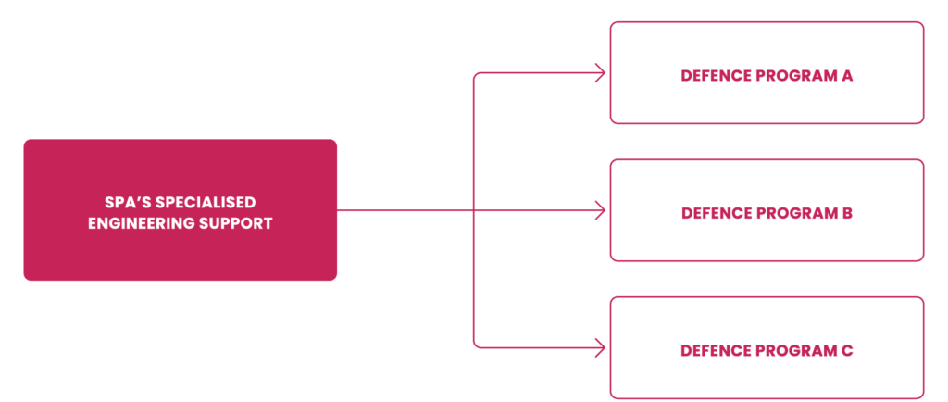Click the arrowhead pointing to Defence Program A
(601, 74)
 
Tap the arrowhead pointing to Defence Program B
(601, 211)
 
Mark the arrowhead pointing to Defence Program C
(601, 348)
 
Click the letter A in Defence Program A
(847, 76)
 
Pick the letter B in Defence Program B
(847, 213)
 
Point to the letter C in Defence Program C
(847, 351)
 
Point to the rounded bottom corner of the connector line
(477, 345)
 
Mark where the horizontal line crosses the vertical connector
(474, 211)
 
